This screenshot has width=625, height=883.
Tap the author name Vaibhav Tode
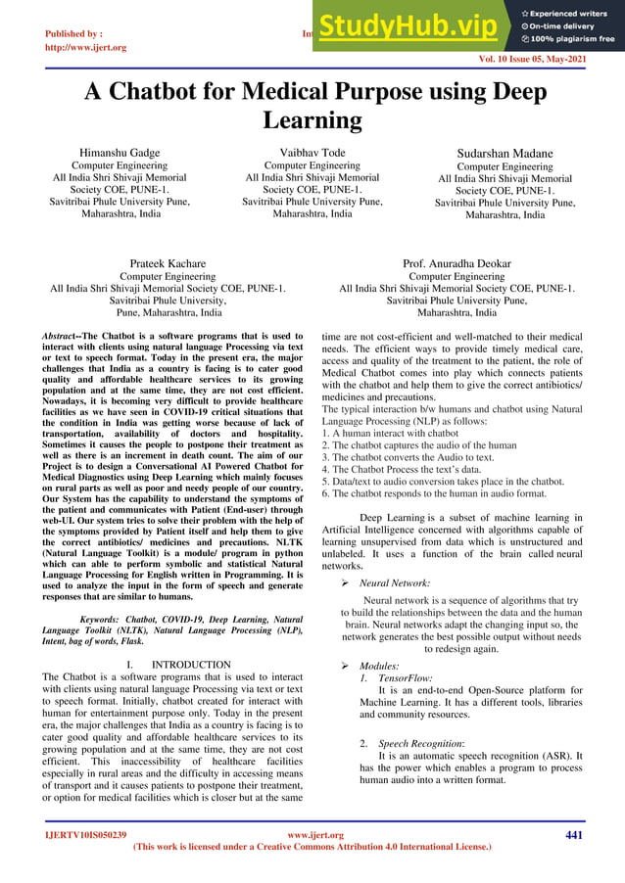click(313, 153)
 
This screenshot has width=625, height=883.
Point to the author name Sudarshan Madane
click(505, 154)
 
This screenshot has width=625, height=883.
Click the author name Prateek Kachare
click(168, 263)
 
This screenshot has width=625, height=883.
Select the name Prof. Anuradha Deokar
click(457, 263)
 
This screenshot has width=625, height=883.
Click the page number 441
click(576, 834)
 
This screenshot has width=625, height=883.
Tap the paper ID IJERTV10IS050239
click(80, 835)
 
